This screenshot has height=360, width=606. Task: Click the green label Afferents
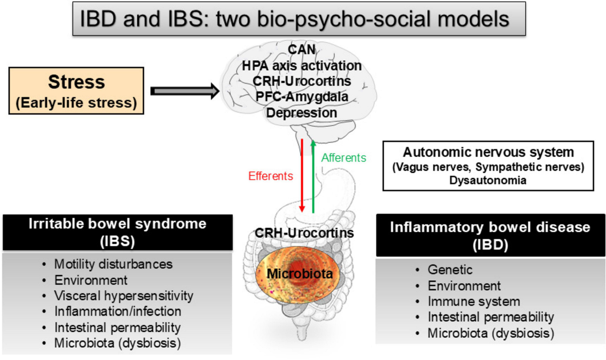[343, 158]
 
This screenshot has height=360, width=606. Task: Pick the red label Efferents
[271, 176]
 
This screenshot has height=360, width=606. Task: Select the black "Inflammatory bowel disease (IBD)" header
[489, 235]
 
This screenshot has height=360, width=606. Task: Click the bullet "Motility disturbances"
[114, 264]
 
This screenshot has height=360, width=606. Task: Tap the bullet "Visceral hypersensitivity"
[124, 295]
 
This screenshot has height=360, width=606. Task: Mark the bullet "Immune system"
[474, 302]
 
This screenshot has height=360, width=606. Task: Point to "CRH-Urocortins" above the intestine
[303, 234]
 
